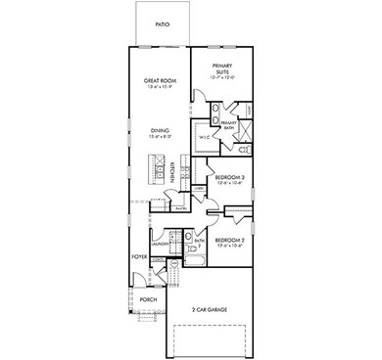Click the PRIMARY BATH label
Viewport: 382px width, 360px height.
pyautogui.click(x=228, y=124)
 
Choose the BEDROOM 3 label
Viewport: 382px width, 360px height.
pyautogui.click(x=230, y=177)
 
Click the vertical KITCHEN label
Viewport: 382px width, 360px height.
pyautogui.click(x=174, y=172)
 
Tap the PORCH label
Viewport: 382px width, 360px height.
pyautogui.click(x=148, y=300)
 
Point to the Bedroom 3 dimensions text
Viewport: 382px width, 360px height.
pyautogui.click(x=230, y=184)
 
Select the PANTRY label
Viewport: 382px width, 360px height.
pyautogui.click(x=182, y=207)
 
